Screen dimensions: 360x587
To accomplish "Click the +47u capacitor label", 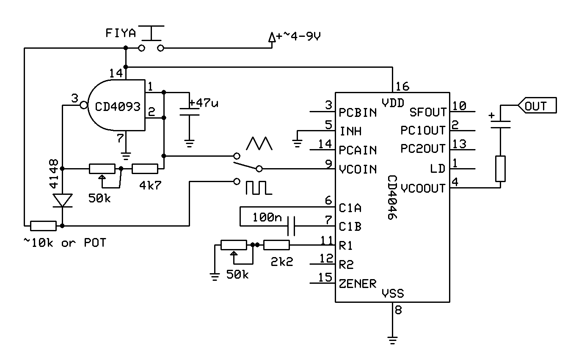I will (x=204, y=103).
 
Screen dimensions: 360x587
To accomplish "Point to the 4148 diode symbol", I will (x=62, y=200).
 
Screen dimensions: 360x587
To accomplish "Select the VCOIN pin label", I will (x=358, y=169).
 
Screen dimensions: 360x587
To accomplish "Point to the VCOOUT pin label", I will (x=423, y=188).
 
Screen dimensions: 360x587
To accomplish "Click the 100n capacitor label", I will (x=267, y=218).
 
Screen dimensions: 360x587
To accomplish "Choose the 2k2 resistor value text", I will (x=281, y=262).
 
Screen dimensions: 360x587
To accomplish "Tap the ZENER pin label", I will (x=358, y=283).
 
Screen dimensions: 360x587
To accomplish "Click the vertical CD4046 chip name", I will (x=392, y=197).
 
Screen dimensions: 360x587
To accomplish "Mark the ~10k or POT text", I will (x=64, y=243).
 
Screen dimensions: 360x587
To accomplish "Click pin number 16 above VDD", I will (x=403, y=87).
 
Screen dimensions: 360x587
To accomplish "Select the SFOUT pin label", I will (x=428, y=112).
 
